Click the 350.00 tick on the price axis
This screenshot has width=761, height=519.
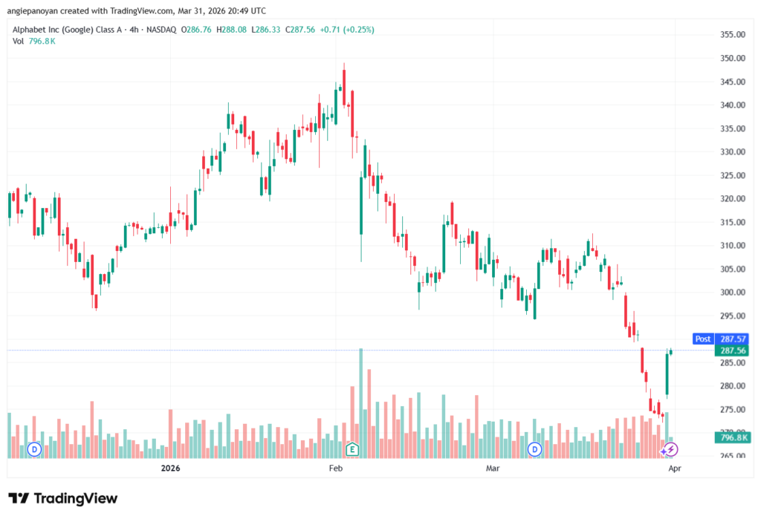tap(732, 58)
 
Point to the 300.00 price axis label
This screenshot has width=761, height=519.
tap(732, 293)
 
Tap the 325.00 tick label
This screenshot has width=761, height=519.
tap(732, 175)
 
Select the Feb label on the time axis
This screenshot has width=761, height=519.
tap(335, 469)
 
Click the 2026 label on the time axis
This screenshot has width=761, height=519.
tap(171, 469)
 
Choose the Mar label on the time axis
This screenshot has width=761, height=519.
tap(493, 469)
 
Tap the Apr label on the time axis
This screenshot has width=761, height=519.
tap(674, 469)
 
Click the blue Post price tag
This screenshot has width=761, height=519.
tap(702, 339)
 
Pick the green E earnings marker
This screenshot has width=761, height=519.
tap(352, 448)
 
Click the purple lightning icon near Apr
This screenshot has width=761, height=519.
tap(670, 449)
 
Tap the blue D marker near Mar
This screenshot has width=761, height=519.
tap(534, 449)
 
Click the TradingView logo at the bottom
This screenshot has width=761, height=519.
tap(62, 498)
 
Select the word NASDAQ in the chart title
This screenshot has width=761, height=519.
tap(163, 30)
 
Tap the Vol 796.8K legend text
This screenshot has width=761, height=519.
tap(34, 41)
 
